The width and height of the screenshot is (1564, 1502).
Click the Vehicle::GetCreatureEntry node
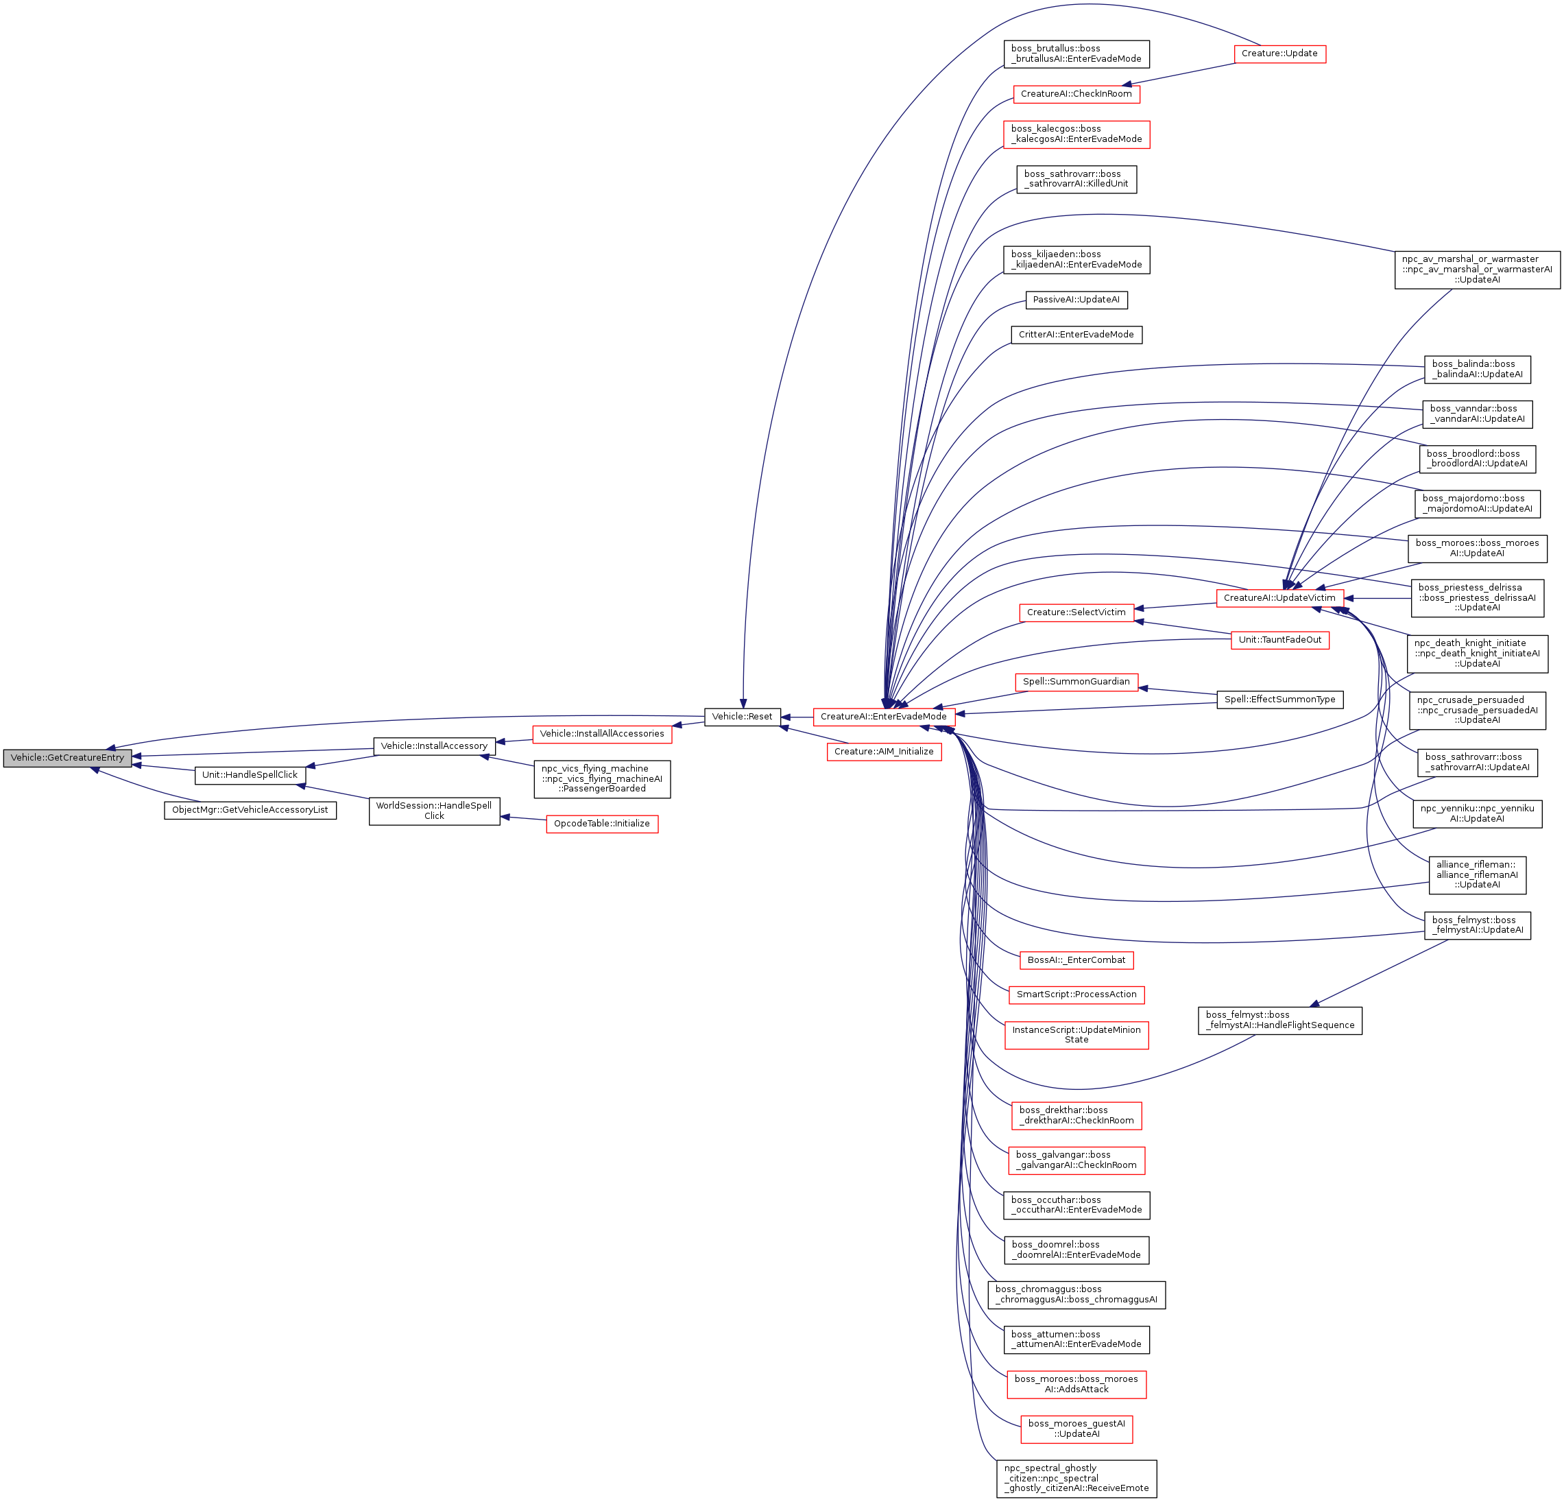67,757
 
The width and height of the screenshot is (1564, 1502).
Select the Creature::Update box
1279,53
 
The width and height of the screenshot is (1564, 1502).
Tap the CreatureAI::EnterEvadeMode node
883,716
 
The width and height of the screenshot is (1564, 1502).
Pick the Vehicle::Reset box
741,716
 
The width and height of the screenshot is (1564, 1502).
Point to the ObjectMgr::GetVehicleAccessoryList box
250,809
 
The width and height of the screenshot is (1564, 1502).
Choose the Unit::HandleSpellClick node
250,774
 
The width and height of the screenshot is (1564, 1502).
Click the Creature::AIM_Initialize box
883,751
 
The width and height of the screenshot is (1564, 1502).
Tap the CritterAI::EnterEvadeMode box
1076,335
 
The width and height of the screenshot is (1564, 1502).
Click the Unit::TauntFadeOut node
1279,639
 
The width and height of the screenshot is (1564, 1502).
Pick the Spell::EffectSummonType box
1279,699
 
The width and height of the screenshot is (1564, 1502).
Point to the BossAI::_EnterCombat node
1076,959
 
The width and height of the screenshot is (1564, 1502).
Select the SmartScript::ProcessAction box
1076,994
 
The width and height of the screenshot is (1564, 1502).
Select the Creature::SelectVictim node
1076,612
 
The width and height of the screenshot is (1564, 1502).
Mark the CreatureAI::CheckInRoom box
1076,93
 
